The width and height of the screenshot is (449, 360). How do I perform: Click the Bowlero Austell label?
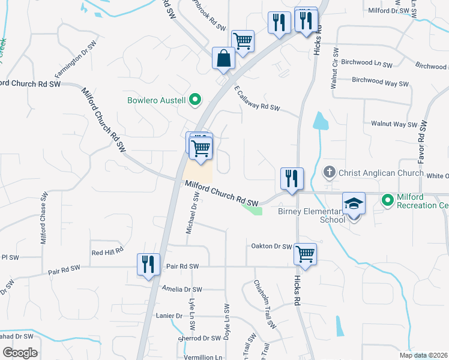156,100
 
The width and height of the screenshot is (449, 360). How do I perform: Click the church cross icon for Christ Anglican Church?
329,173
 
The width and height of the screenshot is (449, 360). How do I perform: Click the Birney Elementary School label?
312,215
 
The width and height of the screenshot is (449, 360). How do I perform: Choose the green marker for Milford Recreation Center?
387,199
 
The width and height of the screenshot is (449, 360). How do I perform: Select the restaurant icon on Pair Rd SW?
148,264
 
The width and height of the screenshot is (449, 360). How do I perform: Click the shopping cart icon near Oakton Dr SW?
305,254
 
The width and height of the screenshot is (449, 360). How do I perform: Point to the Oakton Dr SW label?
270,247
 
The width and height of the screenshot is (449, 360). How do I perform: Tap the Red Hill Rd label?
107,252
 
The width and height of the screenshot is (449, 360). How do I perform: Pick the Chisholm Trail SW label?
264,304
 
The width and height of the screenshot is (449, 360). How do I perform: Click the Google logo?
20,353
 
